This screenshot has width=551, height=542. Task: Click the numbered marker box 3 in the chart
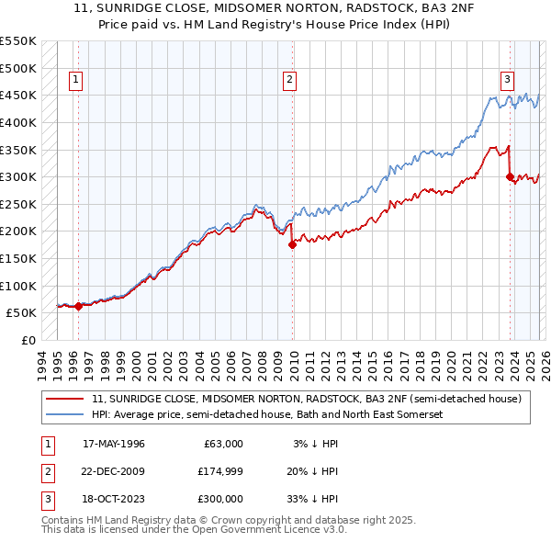pos(506,79)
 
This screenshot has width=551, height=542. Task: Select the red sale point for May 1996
pos(79,306)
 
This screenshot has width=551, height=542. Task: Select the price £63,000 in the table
pos(222,444)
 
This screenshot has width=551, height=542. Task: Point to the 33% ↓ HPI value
pos(313,499)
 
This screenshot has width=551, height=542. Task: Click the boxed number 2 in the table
pos(46,471)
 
